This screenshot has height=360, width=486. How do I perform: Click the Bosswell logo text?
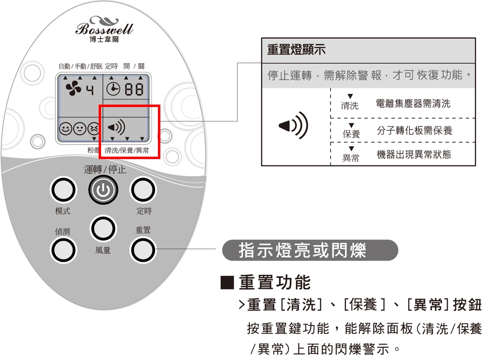[x=104, y=28]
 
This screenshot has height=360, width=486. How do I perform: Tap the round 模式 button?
[x=62, y=190]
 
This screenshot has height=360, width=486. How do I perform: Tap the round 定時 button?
[x=143, y=190]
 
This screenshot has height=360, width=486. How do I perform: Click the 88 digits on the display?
[x=134, y=90]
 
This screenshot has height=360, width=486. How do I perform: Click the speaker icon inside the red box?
[x=116, y=128]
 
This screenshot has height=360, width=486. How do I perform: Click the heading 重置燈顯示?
[x=296, y=50]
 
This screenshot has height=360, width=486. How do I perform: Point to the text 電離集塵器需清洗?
[x=413, y=104]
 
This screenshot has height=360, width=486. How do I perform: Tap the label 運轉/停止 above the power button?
[x=104, y=169]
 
